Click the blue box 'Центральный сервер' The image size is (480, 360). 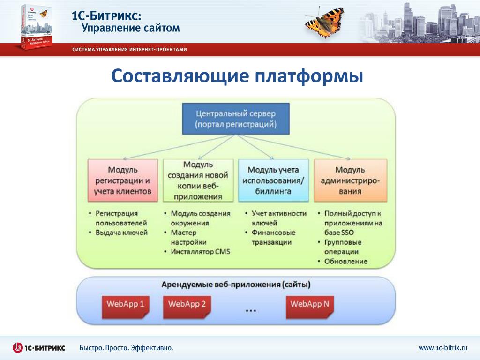tap(236, 119)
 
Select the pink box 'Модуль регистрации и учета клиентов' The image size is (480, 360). tap(123, 180)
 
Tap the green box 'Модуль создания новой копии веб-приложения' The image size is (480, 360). tap(198, 180)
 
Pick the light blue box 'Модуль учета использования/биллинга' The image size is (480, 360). tap(273, 180)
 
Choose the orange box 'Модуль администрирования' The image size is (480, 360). tap(350, 180)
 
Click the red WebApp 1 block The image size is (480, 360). tap(125, 305)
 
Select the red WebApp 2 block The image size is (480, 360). tap(187, 305)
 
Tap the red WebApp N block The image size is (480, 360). tap(309, 305)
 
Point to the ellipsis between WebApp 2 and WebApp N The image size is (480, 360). tap(251, 310)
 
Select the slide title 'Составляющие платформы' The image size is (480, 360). tap(237, 76)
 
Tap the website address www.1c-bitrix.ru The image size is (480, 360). tap(443, 348)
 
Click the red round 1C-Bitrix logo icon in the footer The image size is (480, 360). tap(18, 348)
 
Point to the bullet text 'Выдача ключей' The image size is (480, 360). tap(121, 232)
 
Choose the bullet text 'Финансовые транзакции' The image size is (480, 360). tap(273, 238)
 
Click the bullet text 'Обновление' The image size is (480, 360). tap(346, 262)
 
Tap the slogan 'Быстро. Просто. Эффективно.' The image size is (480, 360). tap(126, 348)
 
